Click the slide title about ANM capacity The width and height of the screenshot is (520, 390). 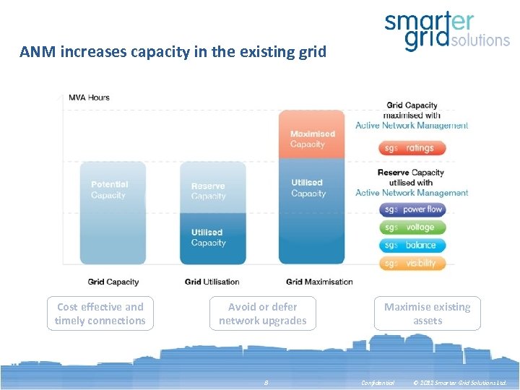[x=173, y=52]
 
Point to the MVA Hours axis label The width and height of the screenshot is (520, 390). [x=89, y=97]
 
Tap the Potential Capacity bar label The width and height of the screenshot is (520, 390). [x=109, y=190]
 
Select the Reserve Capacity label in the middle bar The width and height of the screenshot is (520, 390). [x=208, y=191]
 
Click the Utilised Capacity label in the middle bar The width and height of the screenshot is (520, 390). [x=208, y=238]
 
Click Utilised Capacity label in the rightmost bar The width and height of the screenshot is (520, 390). [x=308, y=188]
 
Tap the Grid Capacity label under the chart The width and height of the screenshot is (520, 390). [x=113, y=282]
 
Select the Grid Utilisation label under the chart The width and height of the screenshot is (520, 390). [x=212, y=282]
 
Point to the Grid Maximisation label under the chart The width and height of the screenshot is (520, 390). [x=319, y=282]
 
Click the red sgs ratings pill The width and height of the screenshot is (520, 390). [x=412, y=148]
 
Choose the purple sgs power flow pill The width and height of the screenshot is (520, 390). [x=412, y=209]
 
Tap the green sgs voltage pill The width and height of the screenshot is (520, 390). [x=412, y=227]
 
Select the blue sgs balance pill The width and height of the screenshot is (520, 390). [x=412, y=246]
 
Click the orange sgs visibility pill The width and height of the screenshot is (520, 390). [x=412, y=264]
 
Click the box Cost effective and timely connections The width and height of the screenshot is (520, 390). [x=100, y=313]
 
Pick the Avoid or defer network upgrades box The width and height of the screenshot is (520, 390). [x=263, y=313]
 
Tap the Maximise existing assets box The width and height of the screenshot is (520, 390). [x=427, y=313]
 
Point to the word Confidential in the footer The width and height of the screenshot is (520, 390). [x=378, y=383]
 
